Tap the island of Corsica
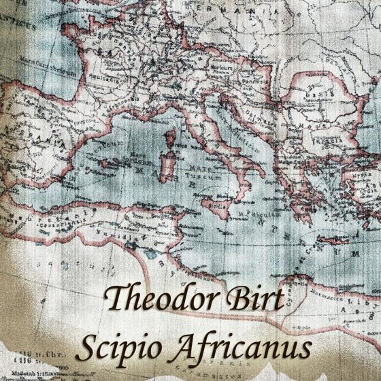tap(169, 140)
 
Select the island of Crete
tap(333, 239)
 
